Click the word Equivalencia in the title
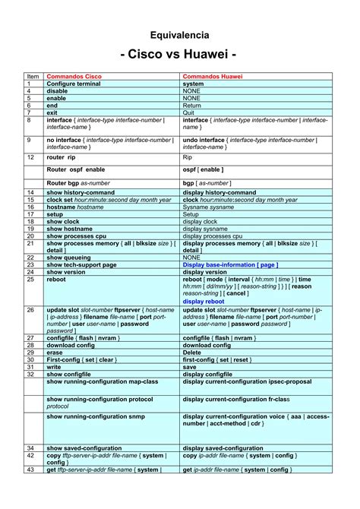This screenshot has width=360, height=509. point(179,35)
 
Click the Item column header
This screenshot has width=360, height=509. point(33,77)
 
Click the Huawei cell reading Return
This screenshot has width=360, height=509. point(191,106)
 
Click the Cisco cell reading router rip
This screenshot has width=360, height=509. point(62,157)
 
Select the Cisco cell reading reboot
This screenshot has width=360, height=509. point(56,279)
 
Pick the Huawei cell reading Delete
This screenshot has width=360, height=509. point(192,353)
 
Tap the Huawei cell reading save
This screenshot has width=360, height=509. point(189,367)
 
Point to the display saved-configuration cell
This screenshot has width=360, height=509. point(223,448)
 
